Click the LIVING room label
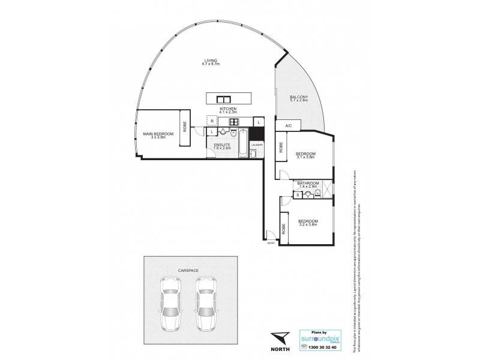(x=209, y=61)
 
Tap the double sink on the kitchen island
(x=220, y=98)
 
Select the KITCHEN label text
(x=229, y=109)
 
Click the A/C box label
(x=289, y=125)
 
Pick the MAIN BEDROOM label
(x=158, y=133)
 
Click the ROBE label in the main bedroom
(x=185, y=127)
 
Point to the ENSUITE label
(x=221, y=144)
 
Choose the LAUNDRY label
(x=257, y=144)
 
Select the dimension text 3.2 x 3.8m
(x=308, y=226)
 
